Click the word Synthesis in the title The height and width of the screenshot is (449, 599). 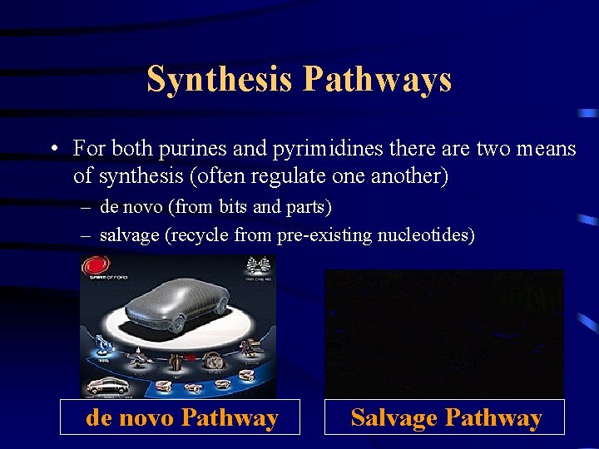coord(220,80)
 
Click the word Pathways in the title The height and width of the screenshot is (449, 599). coord(377,80)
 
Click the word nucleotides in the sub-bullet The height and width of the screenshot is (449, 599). coord(426,235)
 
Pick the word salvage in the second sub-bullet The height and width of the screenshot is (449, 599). coord(130,235)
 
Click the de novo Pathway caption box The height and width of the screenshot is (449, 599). coord(181,417)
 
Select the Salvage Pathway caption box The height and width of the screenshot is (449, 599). coord(445,417)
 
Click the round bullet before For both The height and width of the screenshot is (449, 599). coord(52,150)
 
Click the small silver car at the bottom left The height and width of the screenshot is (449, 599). coord(106,385)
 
